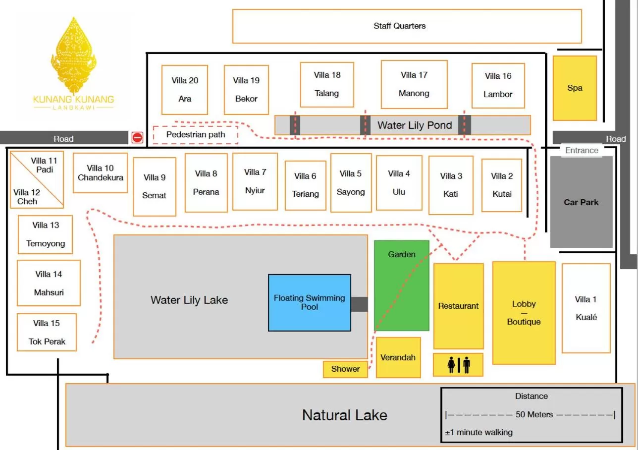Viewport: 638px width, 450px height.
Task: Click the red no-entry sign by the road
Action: (137, 137)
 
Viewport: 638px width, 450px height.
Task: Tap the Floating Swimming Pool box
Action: (310, 302)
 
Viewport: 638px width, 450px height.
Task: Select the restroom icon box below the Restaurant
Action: (458, 365)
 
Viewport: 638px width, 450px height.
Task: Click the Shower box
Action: (345, 369)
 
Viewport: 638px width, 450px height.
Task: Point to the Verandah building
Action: (398, 357)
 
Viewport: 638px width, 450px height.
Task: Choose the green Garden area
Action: (402, 285)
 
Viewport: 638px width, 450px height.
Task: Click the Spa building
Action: (575, 88)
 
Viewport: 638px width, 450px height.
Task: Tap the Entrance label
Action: (582, 150)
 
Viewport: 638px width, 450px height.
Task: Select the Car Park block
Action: (581, 202)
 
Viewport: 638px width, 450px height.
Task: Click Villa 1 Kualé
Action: (586, 308)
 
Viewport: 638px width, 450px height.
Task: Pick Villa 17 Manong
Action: (414, 84)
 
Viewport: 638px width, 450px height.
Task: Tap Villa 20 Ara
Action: (185, 90)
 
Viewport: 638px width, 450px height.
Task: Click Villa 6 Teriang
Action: (305, 185)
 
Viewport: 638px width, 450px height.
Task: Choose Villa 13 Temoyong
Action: (46, 234)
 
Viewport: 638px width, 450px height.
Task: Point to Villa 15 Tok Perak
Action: (47, 332)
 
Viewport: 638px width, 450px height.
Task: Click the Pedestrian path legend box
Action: (196, 135)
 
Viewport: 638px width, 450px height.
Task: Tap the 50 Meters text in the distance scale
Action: (533, 414)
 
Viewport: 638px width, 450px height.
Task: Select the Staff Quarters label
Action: (399, 26)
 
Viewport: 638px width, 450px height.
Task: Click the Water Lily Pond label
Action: (415, 125)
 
